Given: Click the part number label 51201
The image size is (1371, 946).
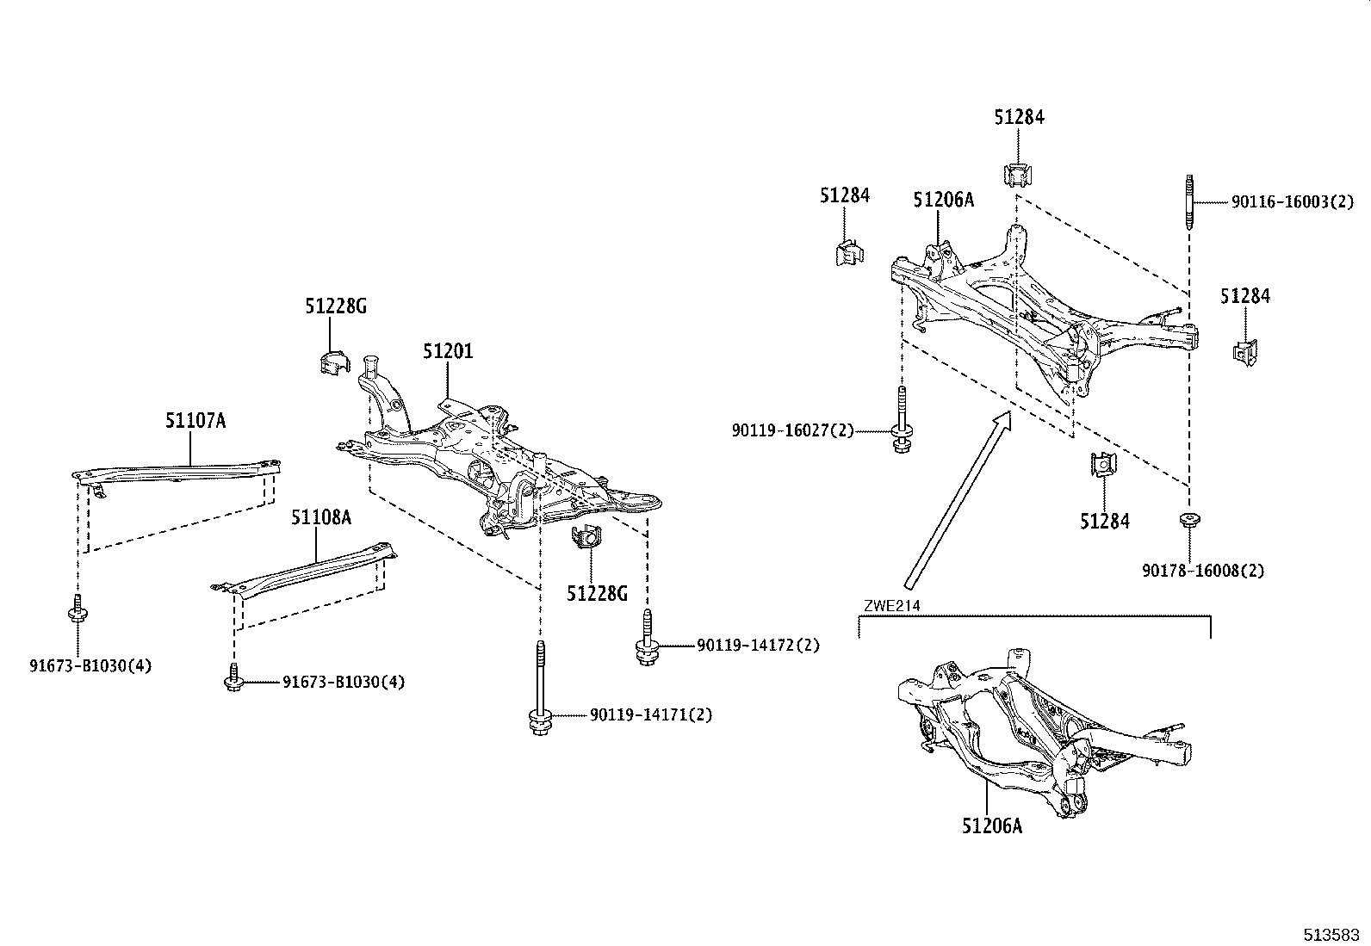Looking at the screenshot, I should (x=447, y=351).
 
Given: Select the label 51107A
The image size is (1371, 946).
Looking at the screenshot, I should (x=195, y=420).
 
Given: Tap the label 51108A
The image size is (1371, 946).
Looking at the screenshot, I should (x=320, y=517).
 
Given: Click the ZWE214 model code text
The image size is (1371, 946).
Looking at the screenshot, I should (x=891, y=606).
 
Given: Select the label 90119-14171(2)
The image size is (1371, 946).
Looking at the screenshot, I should (x=651, y=714).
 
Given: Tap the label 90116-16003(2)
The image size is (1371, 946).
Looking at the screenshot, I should (x=1292, y=201).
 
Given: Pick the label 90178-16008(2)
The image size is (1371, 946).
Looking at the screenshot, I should (x=1203, y=570).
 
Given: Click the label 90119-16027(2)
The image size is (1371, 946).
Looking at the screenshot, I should (x=792, y=430).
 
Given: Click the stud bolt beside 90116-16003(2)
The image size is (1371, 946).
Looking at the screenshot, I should (x=1189, y=201).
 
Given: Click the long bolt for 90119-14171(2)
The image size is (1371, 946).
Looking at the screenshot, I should (x=540, y=689).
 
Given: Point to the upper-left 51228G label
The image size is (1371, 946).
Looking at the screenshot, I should (x=335, y=306).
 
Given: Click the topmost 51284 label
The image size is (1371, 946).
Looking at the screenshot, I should (x=1019, y=117).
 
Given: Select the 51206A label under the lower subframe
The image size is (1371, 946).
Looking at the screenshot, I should (x=992, y=825).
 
